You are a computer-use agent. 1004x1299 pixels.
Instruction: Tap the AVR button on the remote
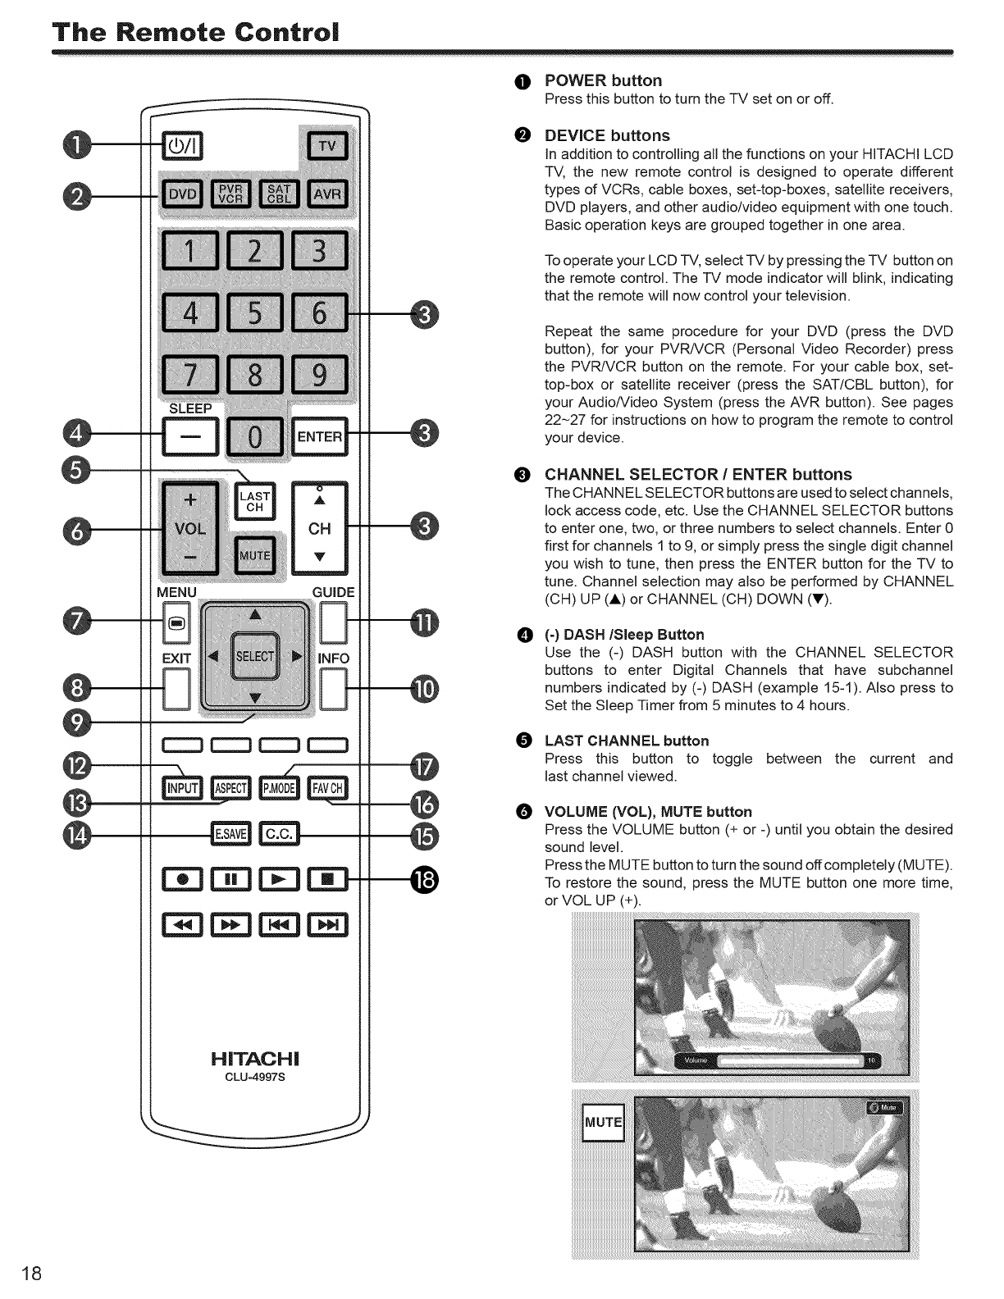pyautogui.click(x=327, y=194)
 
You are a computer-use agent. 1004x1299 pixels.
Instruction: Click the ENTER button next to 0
pyautogui.click(x=320, y=436)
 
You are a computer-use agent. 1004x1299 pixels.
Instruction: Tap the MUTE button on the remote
pyautogui.click(x=255, y=555)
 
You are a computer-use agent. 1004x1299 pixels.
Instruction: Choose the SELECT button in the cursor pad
pyautogui.click(x=255, y=656)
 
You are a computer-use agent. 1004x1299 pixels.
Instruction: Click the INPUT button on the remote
pyautogui.click(x=183, y=788)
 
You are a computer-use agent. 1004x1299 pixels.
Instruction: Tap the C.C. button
pyautogui.click(x=279, y=833)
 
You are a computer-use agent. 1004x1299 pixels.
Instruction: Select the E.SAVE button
pyautogui.click(x=230, y=833)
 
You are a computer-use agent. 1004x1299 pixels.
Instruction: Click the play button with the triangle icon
pyautogui.click(x=279, y=880)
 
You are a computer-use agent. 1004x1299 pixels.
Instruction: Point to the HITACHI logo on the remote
pyautogui.click(x=254, y=1055)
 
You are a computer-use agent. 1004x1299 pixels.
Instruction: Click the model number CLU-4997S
pyautogui.click(x=254, y=1078)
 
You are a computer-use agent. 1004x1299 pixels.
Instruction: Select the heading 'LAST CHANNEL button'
pyautogui.click(x=627, y=741)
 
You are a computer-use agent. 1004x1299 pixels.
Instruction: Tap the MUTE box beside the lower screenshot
pyautogui.click(x=603, y=1122)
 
